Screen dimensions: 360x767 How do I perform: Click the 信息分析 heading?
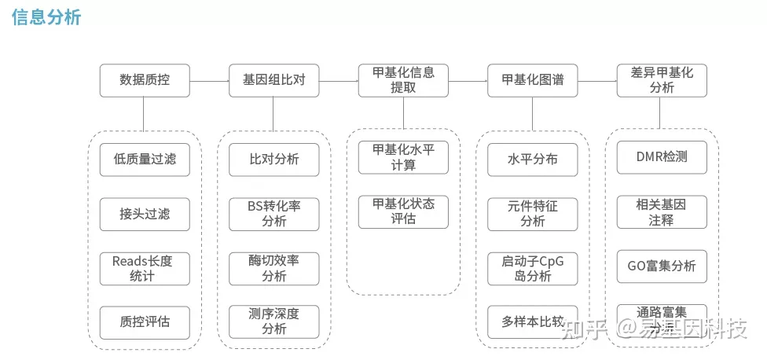[x=47, y=17]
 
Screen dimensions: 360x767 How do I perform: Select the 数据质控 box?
[x=145, y=80]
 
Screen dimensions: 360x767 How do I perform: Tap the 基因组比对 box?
[x=273, y=80]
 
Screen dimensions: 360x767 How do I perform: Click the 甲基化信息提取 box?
[x=403, y=80]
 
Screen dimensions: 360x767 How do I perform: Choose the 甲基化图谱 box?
[x=532, y=80]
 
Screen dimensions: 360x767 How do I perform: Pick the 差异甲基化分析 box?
[x=662, y=80]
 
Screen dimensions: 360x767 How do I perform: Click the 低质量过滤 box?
[x=145, y=160]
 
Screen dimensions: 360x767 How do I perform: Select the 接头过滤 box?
[x=145, y=214]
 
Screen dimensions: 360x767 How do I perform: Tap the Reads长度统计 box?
[x=145, y=269]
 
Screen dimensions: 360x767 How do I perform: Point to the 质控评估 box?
[x=145, y=322]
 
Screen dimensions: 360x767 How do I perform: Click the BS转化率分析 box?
[x=273, y=214]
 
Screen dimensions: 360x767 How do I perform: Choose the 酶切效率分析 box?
[x=273, y=269]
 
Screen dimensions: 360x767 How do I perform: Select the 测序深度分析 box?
[x=273, y=322]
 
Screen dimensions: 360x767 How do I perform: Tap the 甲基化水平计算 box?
[x=403, y=157]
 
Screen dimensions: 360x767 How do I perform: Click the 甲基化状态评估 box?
[x=403, y=212]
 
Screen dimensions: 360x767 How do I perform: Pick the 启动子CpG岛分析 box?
[x=532, y=269]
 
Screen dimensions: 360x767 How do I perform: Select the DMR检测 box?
[x=662, y=157]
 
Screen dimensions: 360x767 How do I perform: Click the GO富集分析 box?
[x=662, y=266]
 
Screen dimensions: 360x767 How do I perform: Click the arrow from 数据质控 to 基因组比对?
[x=209, y=80]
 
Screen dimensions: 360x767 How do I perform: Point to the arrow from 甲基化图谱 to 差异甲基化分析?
[x=596, y=80]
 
